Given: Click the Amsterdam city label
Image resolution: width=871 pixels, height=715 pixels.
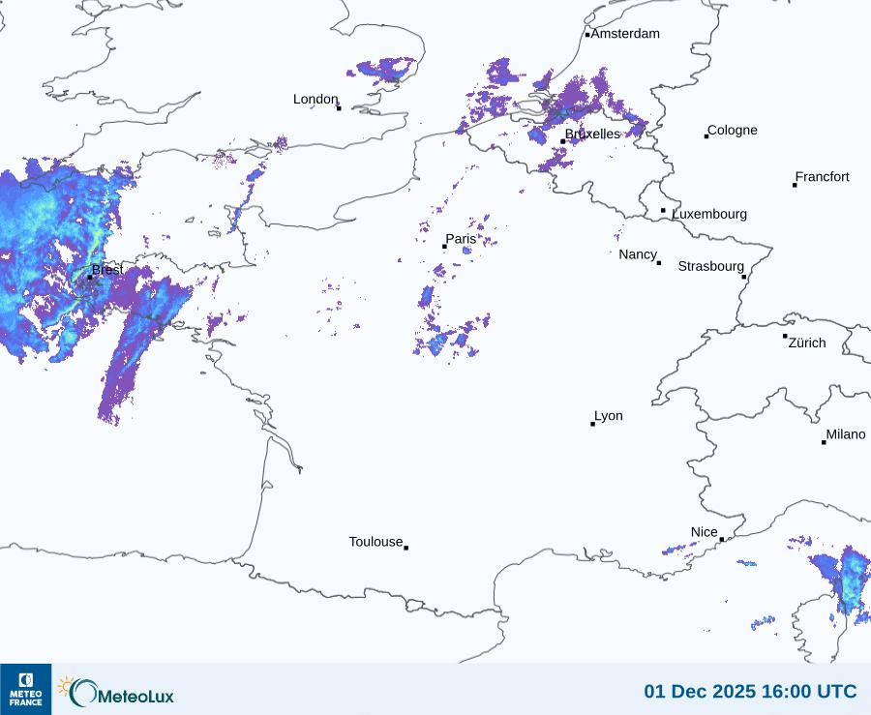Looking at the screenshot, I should [625, 34].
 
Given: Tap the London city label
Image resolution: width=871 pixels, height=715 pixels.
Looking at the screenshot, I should [315, 100].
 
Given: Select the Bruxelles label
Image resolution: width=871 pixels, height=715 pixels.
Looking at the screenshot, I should [592, 134].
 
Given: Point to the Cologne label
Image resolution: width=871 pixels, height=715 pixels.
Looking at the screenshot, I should [733, 131].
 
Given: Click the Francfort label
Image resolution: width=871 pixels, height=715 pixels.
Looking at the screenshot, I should [823, 177].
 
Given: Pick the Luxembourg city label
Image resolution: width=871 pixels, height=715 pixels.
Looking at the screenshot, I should [709, 214].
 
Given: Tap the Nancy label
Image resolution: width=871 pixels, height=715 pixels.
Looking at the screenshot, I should [638, 254].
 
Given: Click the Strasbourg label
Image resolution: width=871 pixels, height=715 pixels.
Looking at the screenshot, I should [710, 266].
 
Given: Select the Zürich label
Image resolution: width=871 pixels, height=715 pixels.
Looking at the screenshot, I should [807, 343].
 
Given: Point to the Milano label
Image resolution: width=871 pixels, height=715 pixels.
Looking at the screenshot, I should [846, 434].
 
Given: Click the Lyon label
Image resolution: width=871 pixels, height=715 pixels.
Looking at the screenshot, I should [609, 416].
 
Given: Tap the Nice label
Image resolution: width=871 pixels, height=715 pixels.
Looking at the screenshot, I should [705, 532].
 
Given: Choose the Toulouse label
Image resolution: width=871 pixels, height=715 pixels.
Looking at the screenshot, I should [375, 542].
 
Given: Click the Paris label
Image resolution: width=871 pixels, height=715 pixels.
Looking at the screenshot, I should [461, 239].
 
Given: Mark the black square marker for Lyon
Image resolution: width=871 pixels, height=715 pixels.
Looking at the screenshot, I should [593, 424].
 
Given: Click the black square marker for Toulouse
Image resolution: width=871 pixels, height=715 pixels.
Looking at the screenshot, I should [405, 548].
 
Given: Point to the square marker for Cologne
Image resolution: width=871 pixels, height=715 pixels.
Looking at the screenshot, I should [706, 136].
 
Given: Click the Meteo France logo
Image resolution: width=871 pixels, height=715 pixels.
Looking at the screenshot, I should [25, 689].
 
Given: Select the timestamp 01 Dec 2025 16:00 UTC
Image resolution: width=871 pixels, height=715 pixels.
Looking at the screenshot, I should [750, 691].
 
